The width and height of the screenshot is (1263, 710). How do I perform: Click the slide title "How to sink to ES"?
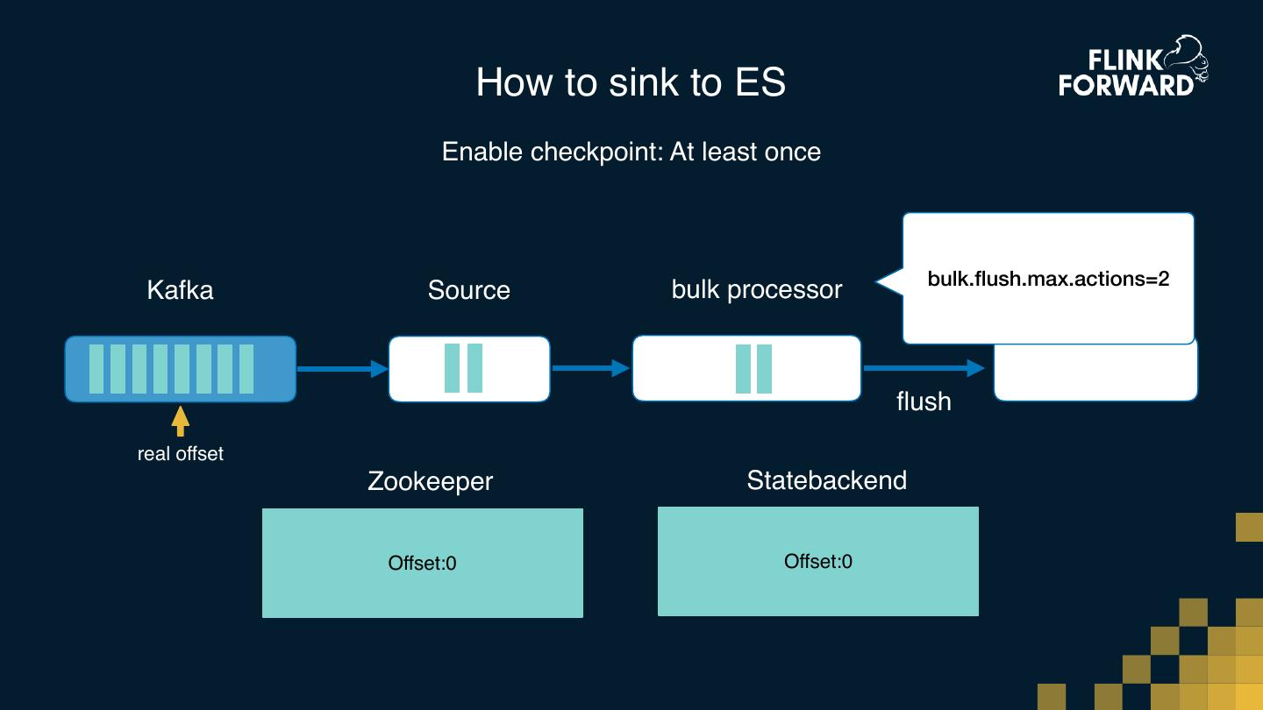(x=631, y=82)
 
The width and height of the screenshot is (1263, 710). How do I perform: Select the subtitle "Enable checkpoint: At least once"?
(x=631, y=152)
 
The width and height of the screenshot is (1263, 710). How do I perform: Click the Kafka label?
(x=180, y=290)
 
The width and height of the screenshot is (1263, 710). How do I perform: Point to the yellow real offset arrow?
(x=181, y=421)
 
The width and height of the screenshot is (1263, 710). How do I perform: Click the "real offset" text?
(x=181, y=454)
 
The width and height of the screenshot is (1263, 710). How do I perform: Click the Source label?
(x=468, y=290)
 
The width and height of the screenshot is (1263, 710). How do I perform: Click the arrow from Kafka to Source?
(x=342, y=369)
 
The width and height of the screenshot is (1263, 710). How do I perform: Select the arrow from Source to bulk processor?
(x=590, y=369)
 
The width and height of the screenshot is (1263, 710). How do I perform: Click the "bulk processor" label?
(x=756, y=290)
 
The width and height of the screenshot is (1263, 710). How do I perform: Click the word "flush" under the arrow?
(x=924, y=401)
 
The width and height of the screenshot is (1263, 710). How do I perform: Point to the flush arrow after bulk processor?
(x=925, y=369)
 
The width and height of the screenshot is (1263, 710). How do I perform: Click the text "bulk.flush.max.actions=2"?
(x=1048, y=280)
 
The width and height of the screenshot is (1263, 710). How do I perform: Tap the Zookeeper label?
(x=430, y=481)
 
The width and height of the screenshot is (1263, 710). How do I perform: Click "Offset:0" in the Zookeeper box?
(x=422, y=563)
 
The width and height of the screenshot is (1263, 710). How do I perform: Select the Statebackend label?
(x=826, y=480)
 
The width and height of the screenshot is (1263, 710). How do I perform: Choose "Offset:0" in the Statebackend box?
(x=817, y=561)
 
